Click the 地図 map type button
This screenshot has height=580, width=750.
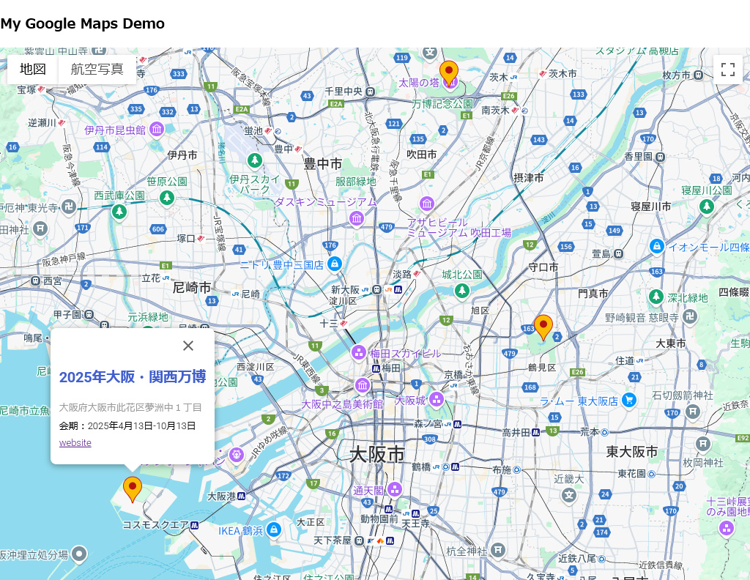[x=33, y=70]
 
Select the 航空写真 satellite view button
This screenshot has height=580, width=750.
[x=97, y=70]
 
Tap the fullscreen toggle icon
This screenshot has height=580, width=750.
[x=727, y=70]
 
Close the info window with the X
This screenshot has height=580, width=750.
[x=188, y=346]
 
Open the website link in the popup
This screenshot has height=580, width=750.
[x=75, y=443]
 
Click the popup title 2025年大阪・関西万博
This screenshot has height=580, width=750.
[x=133, y=377]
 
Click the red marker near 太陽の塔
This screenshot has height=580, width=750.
[x=449, y=73]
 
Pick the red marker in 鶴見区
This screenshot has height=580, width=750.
[x=543, y=327]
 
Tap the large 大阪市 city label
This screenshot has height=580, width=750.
[x=377, y=454]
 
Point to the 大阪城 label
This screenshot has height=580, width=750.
[x=410, y=401]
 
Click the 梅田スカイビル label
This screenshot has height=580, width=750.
[x=405, y=354]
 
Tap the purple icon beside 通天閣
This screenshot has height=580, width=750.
[x=395, y=489]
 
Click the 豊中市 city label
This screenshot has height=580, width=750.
[x=323, y=163]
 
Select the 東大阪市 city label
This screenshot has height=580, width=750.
[x=632, y=452]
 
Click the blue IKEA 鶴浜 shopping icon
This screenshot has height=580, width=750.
[x=274, y=529]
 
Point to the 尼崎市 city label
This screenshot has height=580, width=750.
[x=192, y=287]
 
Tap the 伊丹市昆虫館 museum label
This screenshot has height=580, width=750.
[x=115, y=130]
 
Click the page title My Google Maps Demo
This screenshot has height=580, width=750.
[x=83, y=23]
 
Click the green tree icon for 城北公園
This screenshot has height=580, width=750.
[x=461, y=291]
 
